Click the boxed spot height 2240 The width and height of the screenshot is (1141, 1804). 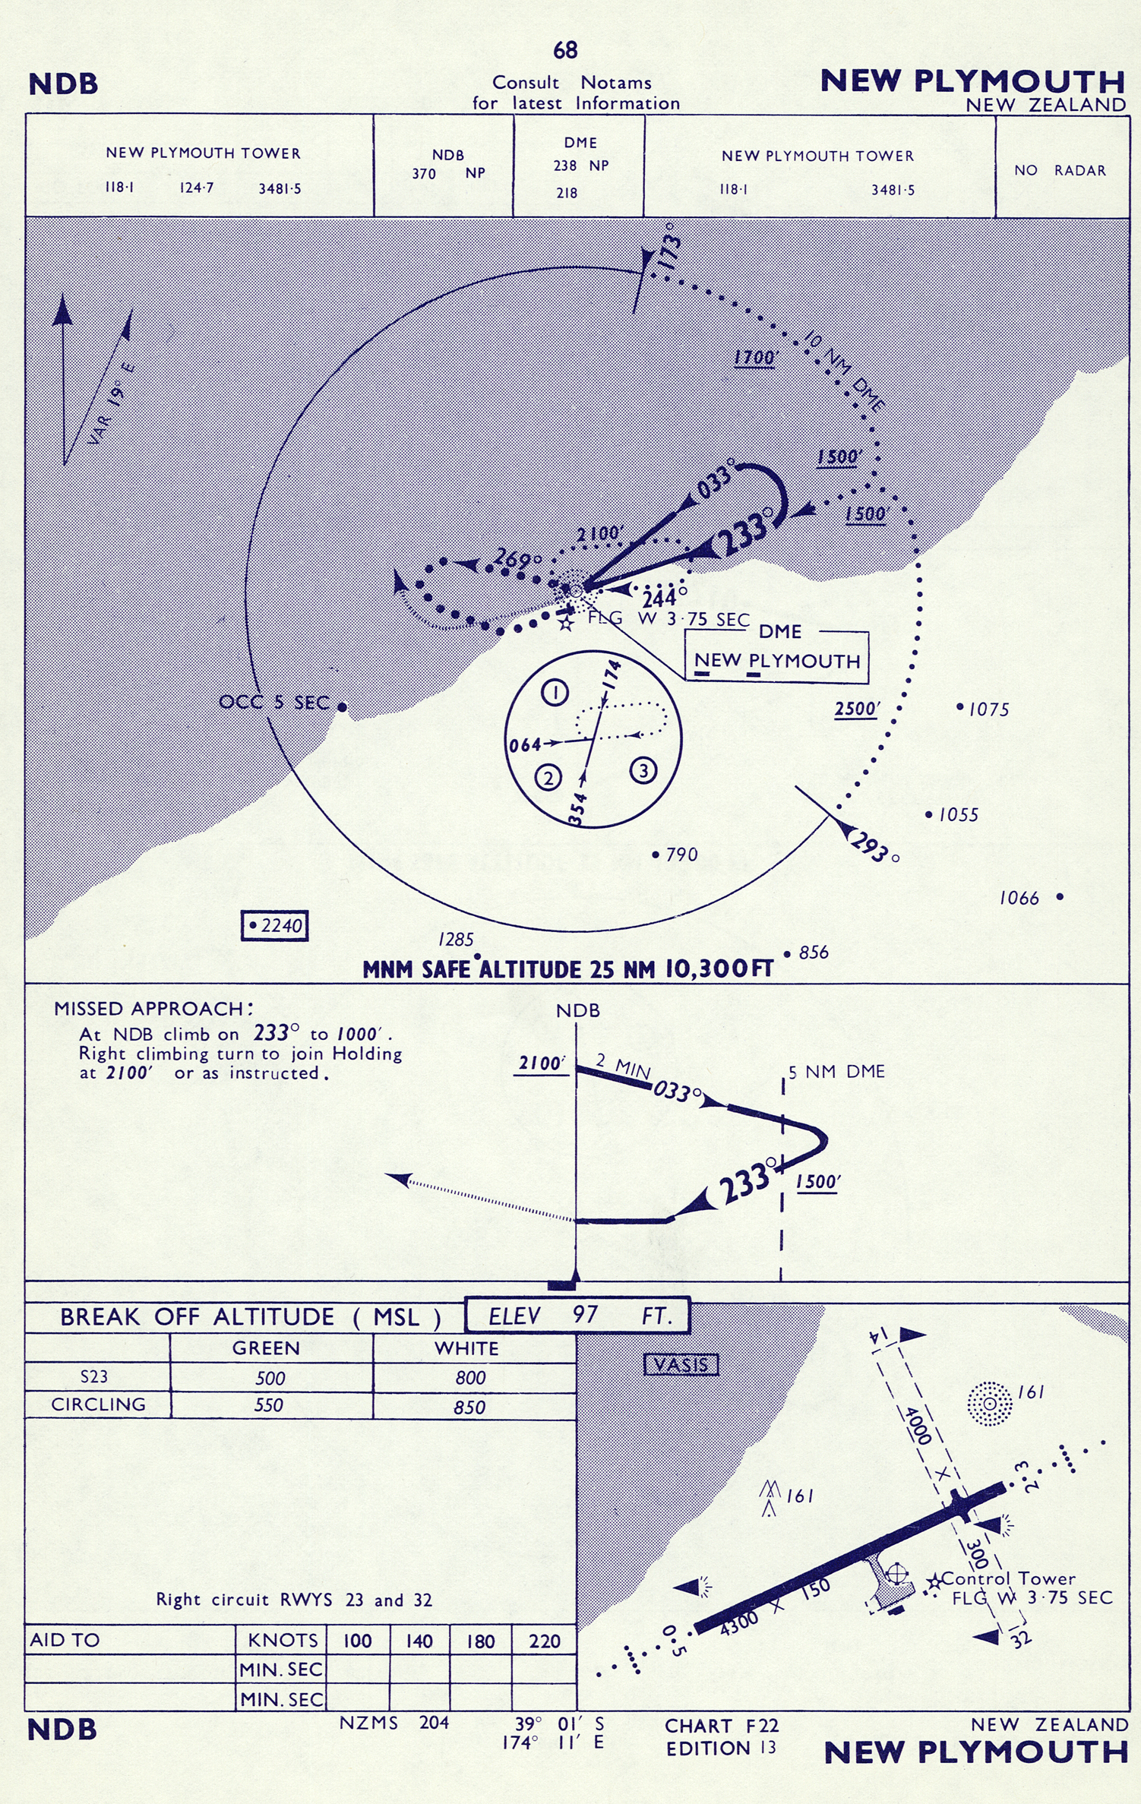(x=275, y=925)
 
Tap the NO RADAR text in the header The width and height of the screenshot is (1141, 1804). (x=1060, y=170)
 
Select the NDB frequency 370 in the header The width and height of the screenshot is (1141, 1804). (x=424, y=174)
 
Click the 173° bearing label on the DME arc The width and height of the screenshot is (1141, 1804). (x=668, y=248)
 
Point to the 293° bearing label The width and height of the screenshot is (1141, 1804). (x=874, y=847)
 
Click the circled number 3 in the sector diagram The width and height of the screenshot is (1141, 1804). (x=643, y=771)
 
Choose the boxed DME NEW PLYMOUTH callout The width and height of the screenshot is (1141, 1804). (x=777, y=655)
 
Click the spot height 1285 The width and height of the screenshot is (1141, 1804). (x=456, y=940)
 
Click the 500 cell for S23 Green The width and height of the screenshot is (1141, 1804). (x=270, y=1378)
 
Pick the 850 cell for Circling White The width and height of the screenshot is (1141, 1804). (x=469, y=1407)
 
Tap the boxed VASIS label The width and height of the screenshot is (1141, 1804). (x=681, y=1365)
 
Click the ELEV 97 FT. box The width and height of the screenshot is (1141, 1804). (x=577, y=1316)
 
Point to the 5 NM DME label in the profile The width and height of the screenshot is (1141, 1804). (x=836, y=1072)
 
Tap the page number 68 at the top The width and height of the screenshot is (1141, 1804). (x=565, y=50)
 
